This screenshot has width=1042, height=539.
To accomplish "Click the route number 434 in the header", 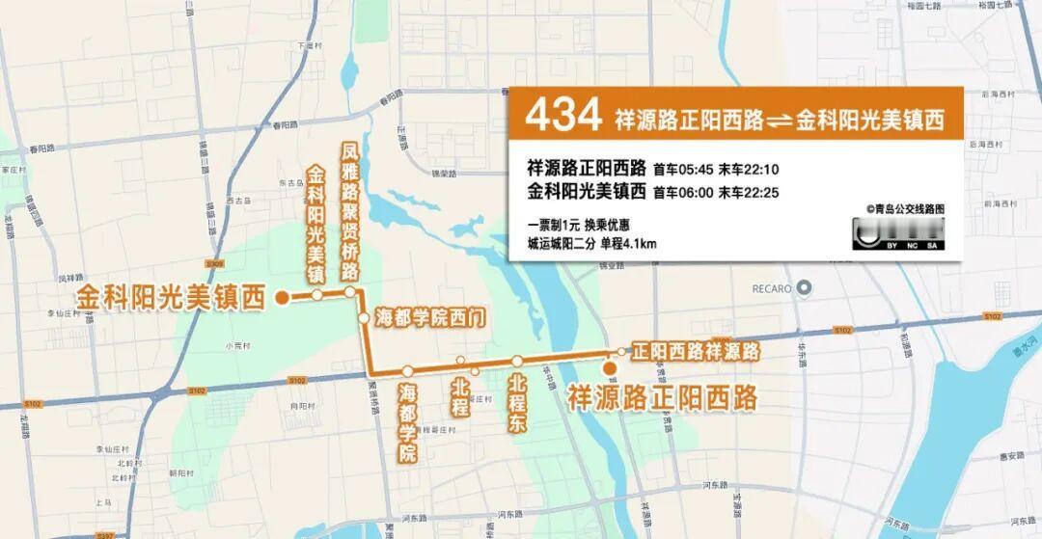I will [562, 117].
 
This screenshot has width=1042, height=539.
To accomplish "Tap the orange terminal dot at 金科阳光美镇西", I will [281, 298].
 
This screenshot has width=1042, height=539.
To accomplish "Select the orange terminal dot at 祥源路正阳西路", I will [609, 367].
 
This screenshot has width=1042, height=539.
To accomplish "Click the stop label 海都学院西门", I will [428, 316].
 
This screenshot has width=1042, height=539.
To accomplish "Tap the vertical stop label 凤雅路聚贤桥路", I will [349, 211].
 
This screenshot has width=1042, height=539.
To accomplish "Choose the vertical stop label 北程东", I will [518, 404].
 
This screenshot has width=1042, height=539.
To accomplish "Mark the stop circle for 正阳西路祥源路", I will [620, 351].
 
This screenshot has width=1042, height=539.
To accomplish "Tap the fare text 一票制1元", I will [553, 225].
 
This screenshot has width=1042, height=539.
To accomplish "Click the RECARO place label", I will [771, 288].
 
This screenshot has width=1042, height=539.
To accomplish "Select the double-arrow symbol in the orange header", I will [778, 121].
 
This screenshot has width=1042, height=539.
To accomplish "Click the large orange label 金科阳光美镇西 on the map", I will [170, 298].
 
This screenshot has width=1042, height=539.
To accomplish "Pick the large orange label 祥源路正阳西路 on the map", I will [661, 396].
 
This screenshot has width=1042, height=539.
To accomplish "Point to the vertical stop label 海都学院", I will [407, 421].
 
